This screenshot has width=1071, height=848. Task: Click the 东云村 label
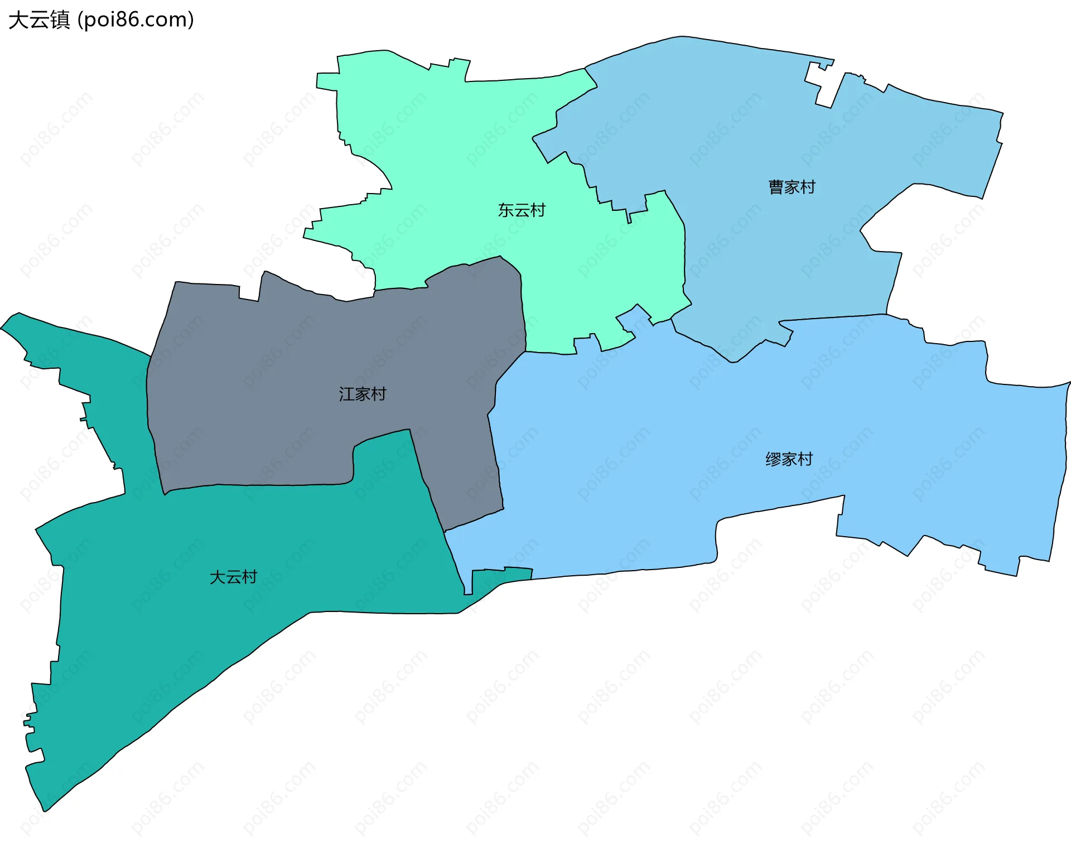[522, 210]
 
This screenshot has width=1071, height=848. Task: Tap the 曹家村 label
[792, 187]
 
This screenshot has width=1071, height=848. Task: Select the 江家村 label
[363, 394]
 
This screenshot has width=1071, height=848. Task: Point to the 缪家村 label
[789, 459]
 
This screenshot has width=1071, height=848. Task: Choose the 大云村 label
[233, 577]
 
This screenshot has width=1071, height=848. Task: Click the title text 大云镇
[39, 20]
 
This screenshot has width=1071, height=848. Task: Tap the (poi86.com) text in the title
[136, 20]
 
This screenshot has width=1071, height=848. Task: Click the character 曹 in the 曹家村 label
[776, 187]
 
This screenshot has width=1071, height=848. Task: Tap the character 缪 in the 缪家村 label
[773, 459]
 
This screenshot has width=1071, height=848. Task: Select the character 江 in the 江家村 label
[347, 394]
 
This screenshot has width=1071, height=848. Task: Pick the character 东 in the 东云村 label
[506, 210]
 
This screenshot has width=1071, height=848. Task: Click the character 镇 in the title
[60, 20]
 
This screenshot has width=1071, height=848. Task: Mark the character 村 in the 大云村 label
[249, 577]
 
